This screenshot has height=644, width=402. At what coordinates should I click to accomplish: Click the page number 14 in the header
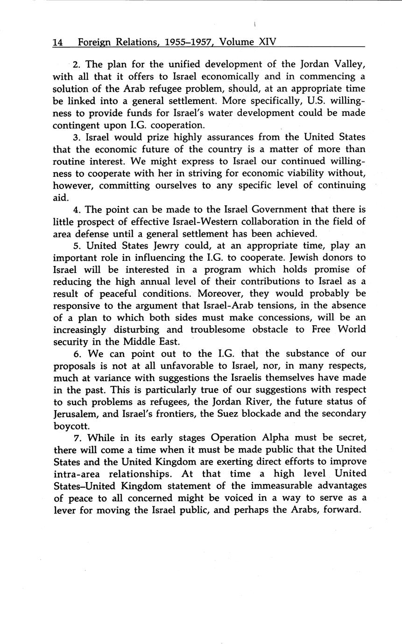57,42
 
